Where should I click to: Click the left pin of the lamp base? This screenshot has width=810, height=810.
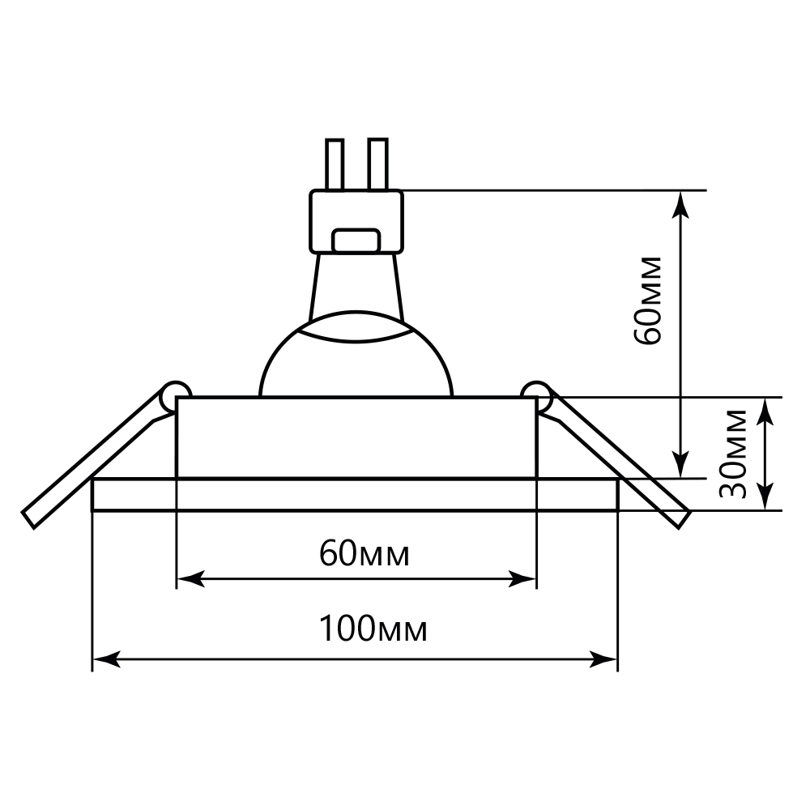pyautogui.click(x=335, y=164)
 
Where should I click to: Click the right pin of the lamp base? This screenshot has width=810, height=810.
pyautogui.click(x=377, y=164)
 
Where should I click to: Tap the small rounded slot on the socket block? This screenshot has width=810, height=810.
pyautogui.click(x=357, y=240)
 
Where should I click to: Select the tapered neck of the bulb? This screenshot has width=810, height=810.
pyautogui.click(x=356, y=283)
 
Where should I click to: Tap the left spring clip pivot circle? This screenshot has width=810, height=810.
pyautogui.click(x=176, y=395)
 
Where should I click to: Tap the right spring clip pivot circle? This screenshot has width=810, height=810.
pyautogui.click(x=537, y=395)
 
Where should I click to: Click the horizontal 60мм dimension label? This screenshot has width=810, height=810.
pyautogui.click(x=364, y=554)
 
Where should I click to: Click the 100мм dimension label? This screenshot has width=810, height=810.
pyautogui.click(x=372, y=629)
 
